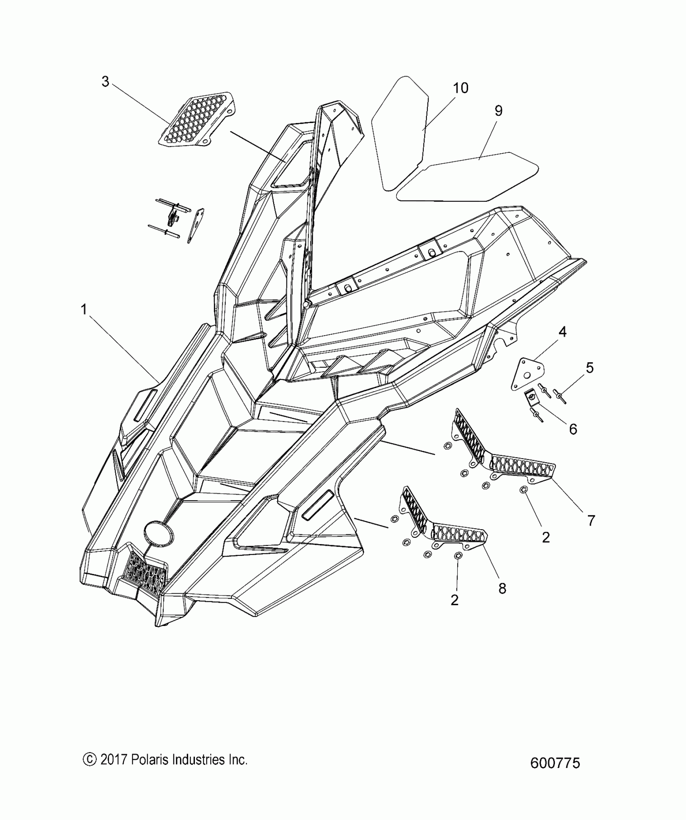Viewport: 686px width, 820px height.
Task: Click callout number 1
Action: point(84,310)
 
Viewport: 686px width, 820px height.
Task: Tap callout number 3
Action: point(105,82)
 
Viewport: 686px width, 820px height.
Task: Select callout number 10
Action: point(460,88)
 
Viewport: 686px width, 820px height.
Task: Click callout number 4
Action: point(562,332)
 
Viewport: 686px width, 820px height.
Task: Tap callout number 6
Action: point(573,429)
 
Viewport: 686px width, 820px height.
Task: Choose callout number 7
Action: point(591,520)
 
